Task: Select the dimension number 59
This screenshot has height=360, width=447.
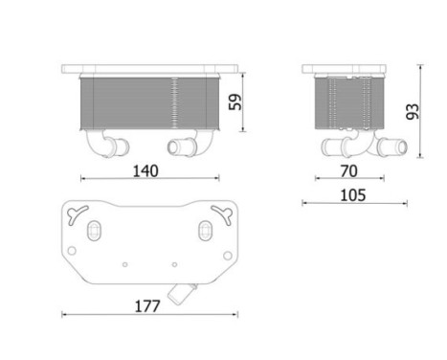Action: [248, 101]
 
